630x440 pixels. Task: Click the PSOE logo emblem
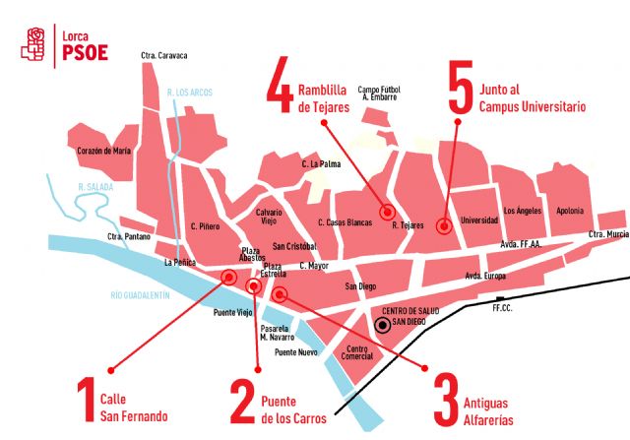36,42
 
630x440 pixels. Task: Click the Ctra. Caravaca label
164,55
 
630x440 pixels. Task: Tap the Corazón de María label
104,151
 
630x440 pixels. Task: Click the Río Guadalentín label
141,295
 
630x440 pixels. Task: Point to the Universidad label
479,220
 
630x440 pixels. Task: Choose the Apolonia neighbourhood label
569,212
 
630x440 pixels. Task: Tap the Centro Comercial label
358,352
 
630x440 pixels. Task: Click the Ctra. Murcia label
608,234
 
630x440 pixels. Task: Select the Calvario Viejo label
270,217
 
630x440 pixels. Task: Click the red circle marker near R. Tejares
387,212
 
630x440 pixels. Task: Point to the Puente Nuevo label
295,351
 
